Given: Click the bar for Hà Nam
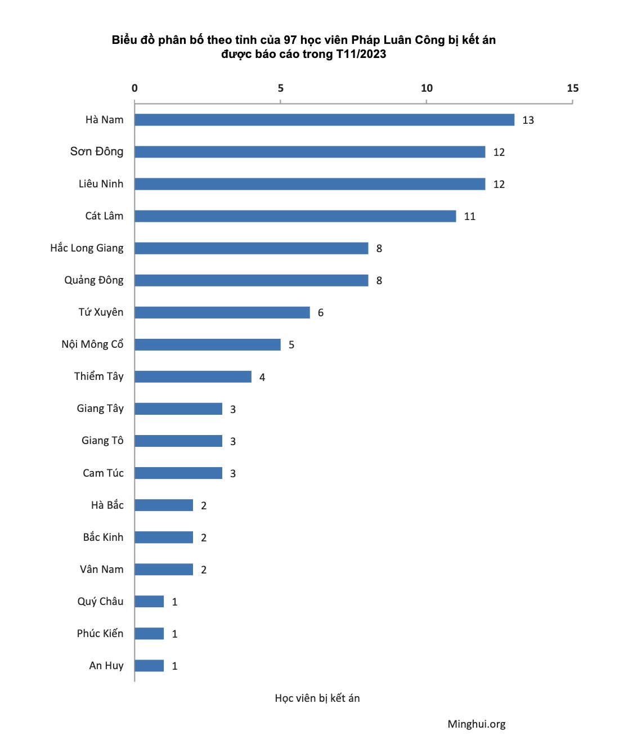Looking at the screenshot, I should pyautogui.click(x=324, y=120).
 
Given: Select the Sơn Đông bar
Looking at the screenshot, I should pyautogui.click(x=309, y=152).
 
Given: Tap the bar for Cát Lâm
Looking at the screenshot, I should pyautogui.click(x=295, y=216).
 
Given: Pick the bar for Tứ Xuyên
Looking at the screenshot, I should pyautogui.click(x=222, y=312).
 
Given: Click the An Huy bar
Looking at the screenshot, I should pyautogui.click(x=149, y=666).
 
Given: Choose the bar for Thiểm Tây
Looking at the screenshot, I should pyautogui.click(x=192, y=376).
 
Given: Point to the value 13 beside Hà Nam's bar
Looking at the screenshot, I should pyautogui.click(x=528, y=120).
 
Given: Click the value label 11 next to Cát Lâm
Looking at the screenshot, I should pyautogui.click(x=470, y=217).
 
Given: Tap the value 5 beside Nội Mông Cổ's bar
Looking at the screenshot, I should pyautogui.click(x=291, y=345).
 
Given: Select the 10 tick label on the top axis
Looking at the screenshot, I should pyautogui.click(x=427, y=88).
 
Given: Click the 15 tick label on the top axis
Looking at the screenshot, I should pyautogui.click(x=573, y=88).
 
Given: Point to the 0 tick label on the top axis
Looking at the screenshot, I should pyautogui.click(x=134, y=88).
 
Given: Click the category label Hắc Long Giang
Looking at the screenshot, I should pyautogui.click(x=87, y=248).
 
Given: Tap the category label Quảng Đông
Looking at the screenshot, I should pyautogui.click(x=93, y=280).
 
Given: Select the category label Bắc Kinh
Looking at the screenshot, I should pyautogui.click(x=103, y=537).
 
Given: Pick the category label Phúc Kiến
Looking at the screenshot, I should pyautogui.click(x=100, y=634).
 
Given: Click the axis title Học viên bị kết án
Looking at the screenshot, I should pyautogui.click(x=317, y=698).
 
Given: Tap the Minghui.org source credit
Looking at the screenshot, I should pyautogui.click(x=477, y=724).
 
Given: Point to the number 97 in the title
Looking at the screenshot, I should pyautogui.click(x=290, y=40).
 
